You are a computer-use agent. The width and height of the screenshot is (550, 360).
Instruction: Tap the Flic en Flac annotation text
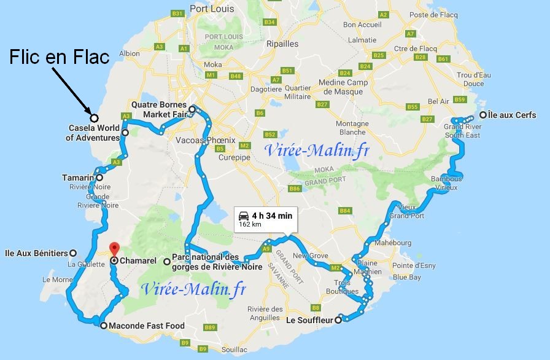pyautogui.click(x=60, y=58)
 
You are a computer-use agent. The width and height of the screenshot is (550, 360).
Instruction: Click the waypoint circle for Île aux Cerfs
pyautogui.click(x=484, y=115)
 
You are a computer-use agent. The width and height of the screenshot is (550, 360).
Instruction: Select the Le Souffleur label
pyautogui.click(x=309, y=319)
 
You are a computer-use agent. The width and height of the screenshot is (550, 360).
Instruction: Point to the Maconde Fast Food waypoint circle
pyautogui.click(x=103, y=326)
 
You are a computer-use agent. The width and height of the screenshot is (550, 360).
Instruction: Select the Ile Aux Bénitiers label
pyautogui.click(x=35, y=252)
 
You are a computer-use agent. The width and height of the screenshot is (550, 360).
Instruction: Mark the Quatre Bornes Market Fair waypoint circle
pyautogui.click(x=192, y=110)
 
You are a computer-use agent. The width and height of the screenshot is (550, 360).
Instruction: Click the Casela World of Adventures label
pyautogui.click(x=93, y=133)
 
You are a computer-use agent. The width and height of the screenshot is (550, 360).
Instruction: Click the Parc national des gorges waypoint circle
pyautogui.click(x=166, y=261)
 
